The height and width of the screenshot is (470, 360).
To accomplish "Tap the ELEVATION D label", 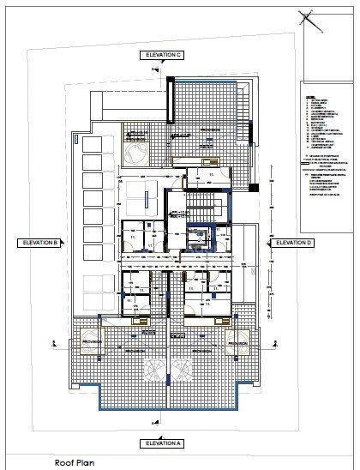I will click(x=294, y=244).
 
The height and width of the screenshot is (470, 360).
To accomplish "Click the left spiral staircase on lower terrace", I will click(x=156, y=371).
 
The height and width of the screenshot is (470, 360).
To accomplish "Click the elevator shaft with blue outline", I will click(x=202, y=237).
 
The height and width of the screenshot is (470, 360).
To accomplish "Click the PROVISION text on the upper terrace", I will click(x=210, y=130).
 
